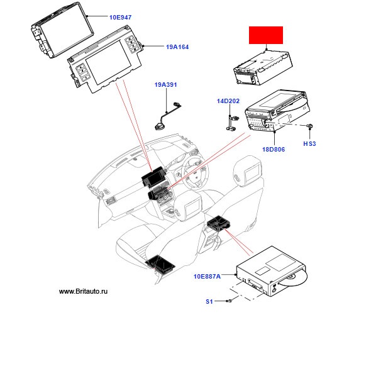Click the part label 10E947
120,17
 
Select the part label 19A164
177,47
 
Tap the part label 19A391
165,84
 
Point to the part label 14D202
228,101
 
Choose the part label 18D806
274,149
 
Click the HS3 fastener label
309,143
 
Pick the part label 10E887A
207,276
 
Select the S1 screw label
209,301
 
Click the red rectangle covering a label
266,35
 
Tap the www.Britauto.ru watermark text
83,291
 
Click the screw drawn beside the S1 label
230,301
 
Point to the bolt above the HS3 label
310,126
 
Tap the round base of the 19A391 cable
159,127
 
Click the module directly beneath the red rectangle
263,68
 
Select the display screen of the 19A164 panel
108,62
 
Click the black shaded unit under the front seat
160,265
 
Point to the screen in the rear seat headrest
252,174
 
